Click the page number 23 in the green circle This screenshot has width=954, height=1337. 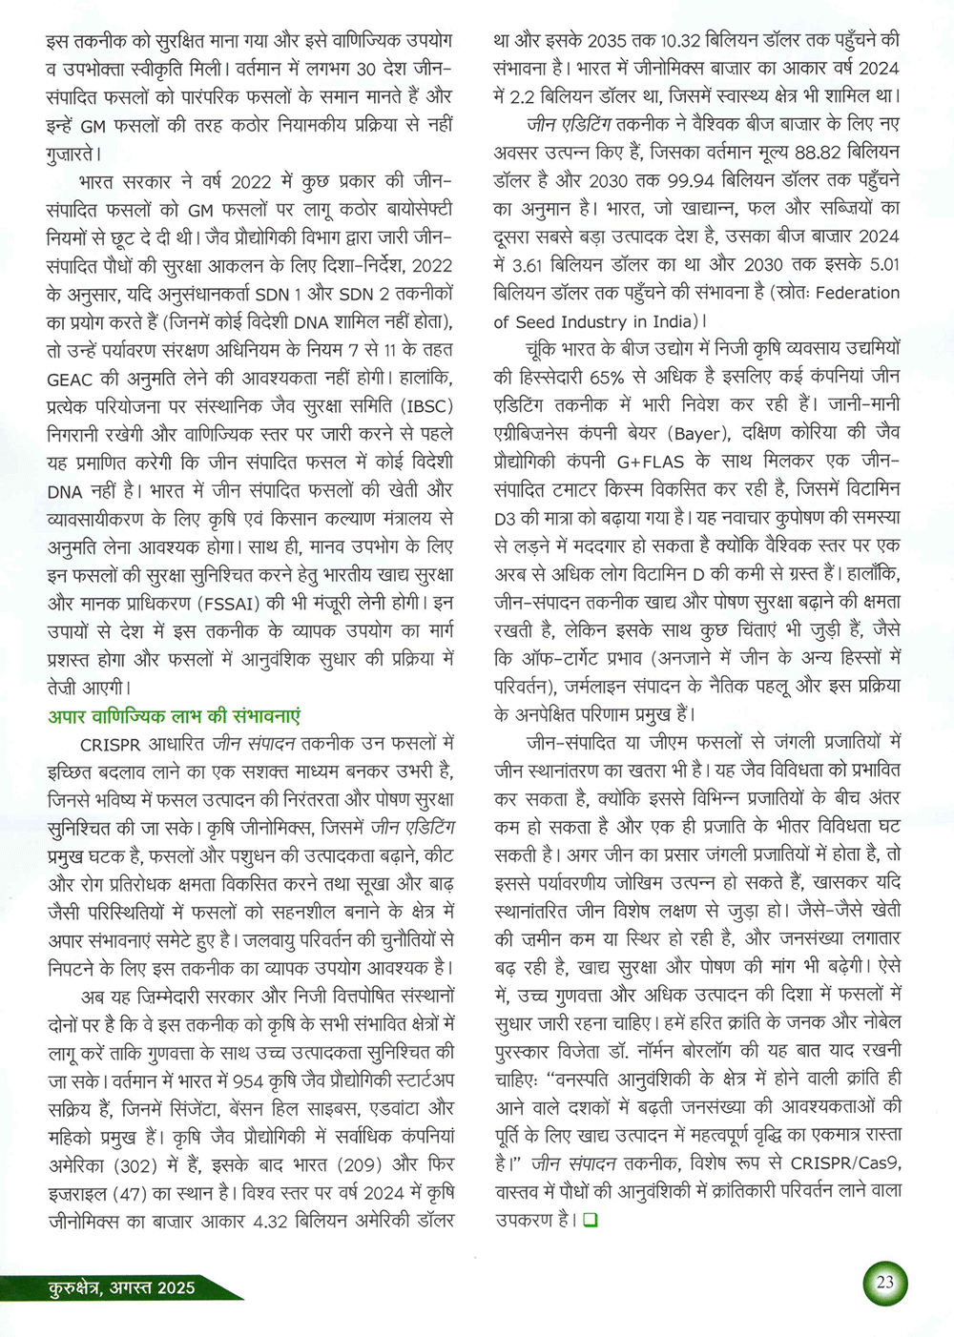[885, 1283]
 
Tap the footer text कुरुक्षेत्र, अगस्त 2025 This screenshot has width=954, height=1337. [121, 1287]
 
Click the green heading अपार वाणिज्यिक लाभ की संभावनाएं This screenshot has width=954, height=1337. [175, 716]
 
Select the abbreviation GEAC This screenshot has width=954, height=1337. [71, 379]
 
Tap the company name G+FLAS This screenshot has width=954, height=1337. [651, 463]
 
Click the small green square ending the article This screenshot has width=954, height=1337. [590, 1220]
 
